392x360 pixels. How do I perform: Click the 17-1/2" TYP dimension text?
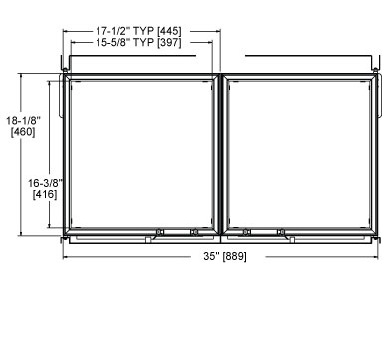(125, 31)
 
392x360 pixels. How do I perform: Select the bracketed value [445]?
(169, 31)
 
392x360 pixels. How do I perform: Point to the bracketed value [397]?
(169, 42)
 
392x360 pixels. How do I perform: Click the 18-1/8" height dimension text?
(23, 120)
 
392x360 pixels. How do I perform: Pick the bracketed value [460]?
(23, 132)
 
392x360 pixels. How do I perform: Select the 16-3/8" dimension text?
(45, 183)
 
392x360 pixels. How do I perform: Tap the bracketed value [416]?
(45, 194)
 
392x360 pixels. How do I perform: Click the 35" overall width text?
(212, 256)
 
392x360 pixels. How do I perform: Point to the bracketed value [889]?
(235, 257)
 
